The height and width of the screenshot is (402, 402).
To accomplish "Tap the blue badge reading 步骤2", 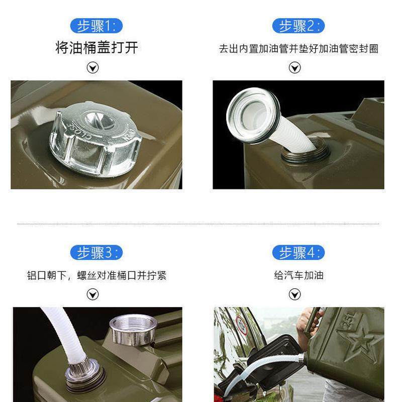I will (297, 26).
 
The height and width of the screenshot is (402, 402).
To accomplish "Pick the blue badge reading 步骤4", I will (297, 252).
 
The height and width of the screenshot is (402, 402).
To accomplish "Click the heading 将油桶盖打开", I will (96, 48).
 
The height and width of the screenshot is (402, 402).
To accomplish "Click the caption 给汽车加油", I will (298, 275).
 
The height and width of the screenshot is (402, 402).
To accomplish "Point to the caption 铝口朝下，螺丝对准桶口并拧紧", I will (96, 275).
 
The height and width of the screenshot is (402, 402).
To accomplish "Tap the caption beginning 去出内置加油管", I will (298, 49).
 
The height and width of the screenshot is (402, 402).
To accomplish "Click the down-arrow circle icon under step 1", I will (93, 68).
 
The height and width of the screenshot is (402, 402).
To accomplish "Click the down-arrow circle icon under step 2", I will (295, 68).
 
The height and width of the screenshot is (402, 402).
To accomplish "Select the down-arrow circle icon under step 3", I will (93, 294).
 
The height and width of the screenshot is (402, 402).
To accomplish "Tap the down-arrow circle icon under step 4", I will (295, 294).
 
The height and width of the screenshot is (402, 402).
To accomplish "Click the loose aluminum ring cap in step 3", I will (133, 329).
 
